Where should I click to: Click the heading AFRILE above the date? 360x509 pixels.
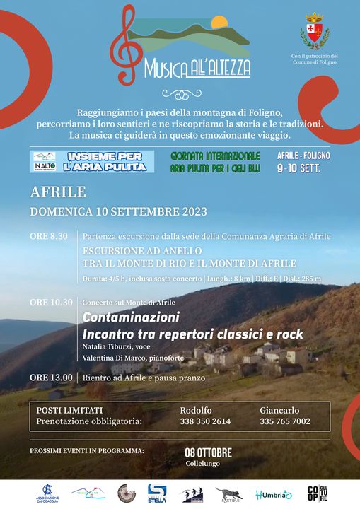click(x=58, y=192)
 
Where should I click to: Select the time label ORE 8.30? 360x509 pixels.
click(x=49, y=236)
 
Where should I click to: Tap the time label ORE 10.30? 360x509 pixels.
click(x=51, y=303)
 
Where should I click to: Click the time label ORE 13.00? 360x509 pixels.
click(x=51, y=378)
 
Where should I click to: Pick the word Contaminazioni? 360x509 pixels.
click(x=131, y=317)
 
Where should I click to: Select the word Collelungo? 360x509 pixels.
click(x=208, y=464)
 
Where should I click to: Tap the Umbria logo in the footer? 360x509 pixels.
click(x=274, y=494)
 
